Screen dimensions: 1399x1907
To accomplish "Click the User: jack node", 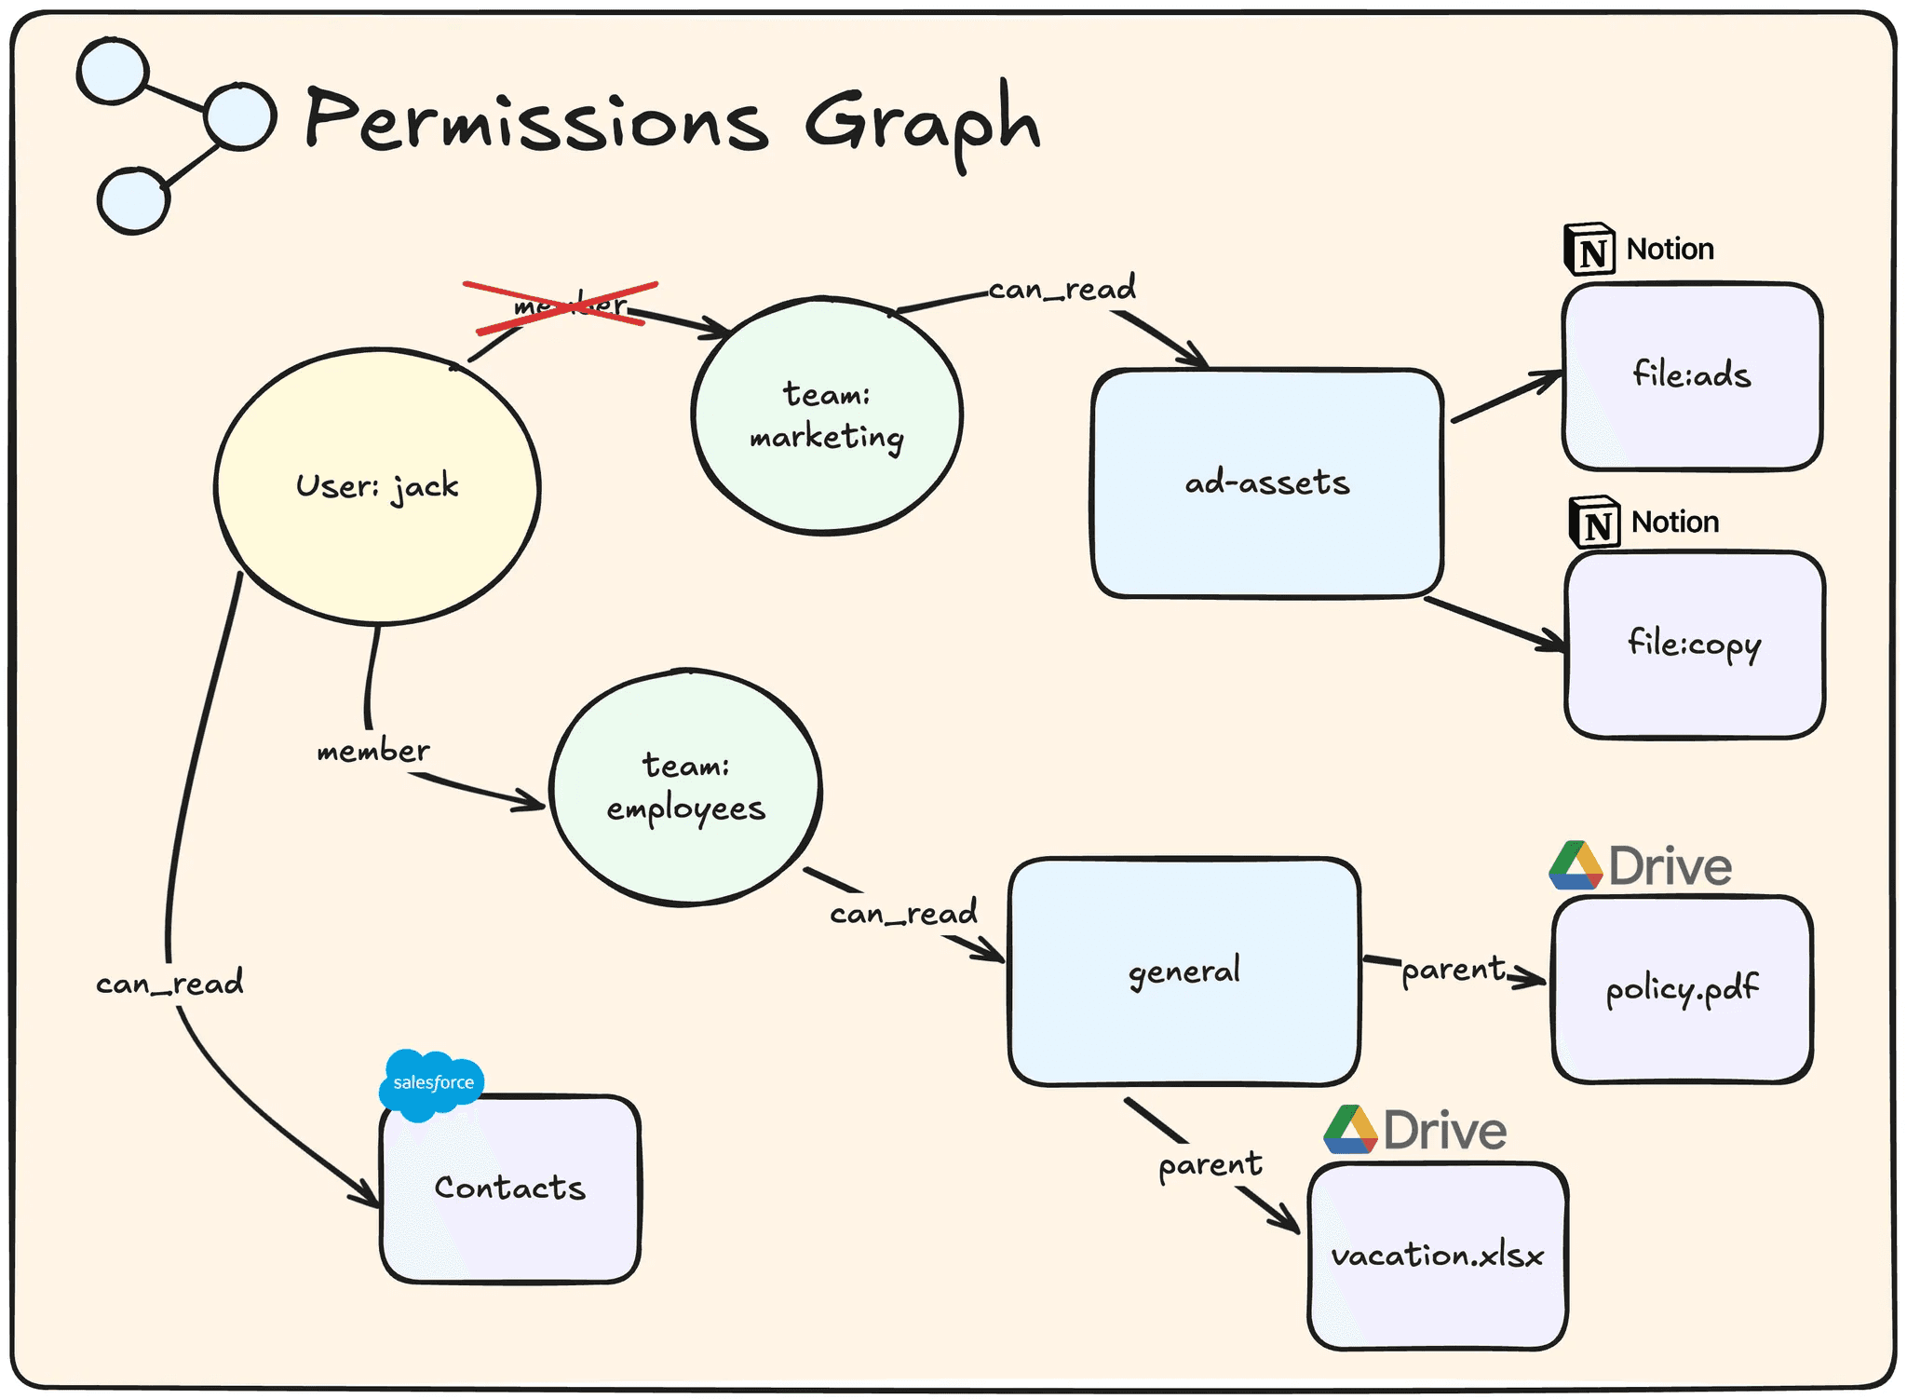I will click(x=377, y=485).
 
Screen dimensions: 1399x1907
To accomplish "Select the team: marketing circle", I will click(x=827, y=416).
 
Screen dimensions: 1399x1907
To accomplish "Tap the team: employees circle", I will click(x=685, y=787).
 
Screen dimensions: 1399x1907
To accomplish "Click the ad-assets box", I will click(x=1266, y=483).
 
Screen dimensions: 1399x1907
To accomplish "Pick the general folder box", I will click(x=1183, y=971).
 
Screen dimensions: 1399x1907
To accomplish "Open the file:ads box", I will click(x=1692, y=375).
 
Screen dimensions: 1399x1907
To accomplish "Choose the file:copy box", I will click(x=1695, y=645).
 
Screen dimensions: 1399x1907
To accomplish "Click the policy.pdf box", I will click(x=1682, y=989).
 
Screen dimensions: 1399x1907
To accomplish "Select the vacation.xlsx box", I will click(x=1438, y=1256).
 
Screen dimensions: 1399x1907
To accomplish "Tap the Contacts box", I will click(x=509, y=1188).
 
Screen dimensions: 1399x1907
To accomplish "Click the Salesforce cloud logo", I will click(x=432, y=1083).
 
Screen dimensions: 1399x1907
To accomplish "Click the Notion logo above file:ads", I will click(x=1589, y=250).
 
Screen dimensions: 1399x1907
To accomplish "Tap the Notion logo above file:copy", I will click(x=1595, y=523).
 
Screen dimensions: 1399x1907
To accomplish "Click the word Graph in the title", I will click(x=921, y=122).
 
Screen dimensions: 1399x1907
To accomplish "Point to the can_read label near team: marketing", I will click(x=1062, y=289).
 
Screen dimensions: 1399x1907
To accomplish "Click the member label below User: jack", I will click(x=372, y=751).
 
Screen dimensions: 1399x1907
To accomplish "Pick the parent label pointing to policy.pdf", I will click(x=1453, y=970).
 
